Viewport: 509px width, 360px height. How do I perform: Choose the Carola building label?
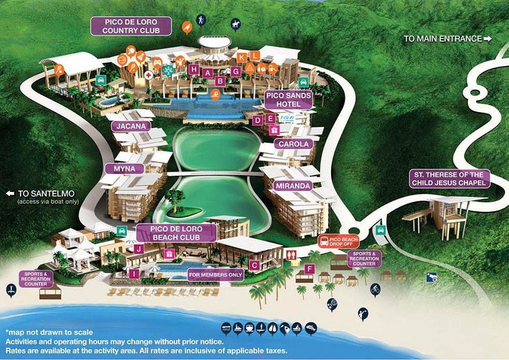pos(294,144)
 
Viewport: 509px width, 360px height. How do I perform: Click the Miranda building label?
pos(294,185)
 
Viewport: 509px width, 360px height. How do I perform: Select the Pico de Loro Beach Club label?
pos(176,233)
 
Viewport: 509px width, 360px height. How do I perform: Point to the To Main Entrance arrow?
pos(487,38)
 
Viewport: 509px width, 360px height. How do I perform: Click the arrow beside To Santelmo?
pos(10,193)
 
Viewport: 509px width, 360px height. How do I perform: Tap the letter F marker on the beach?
pos(309,269)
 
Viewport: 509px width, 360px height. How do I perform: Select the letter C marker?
pos(254,265)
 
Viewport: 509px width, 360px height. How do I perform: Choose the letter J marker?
pos(138,249)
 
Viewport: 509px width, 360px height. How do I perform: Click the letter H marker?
pos(194,69)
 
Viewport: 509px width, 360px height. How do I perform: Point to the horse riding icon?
pos(235,24)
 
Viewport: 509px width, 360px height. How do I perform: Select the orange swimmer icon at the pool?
pos(215,94)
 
